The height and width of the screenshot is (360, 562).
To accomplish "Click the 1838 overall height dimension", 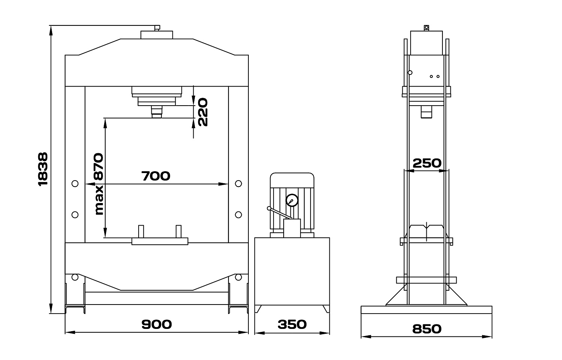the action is pyautogui.click(x=43, y=169).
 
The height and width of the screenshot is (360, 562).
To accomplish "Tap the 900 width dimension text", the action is pyautogui.click(x=157, y=324).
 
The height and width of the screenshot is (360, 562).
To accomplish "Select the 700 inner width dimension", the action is pyautogui.click(x=156, y=176).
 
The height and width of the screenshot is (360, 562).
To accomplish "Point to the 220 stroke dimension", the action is pyautogui.click(x=203, y=112).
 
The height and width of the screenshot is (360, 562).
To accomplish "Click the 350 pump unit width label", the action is pyautogui.click(x=292, y=324).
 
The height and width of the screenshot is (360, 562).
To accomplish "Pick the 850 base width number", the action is pyautogui.click(x=427, y=329).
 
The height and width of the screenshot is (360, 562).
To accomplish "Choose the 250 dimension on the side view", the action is pyautogui.click(x=427, y=163).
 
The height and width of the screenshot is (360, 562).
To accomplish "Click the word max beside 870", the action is pyautogui.click(x=99, y=200).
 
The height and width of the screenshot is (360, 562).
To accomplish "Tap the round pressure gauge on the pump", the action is pyautogui.click(x=292, y=200).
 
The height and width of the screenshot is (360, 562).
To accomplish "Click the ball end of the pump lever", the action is pyautogui.click(x=269, y=208).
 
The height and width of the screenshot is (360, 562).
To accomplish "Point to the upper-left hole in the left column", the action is pyautogui.click(x=75, y=184).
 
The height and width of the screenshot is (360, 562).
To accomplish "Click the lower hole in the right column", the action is pyautogui.click(x=238, y=215).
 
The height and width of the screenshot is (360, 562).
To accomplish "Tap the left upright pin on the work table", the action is pyautogui.click(x=141, y=232).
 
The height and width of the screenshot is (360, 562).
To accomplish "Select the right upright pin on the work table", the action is pyautogui.click(x=179, y=232).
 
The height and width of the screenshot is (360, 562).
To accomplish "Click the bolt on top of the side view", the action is pyautogui.click(x=426, y=28).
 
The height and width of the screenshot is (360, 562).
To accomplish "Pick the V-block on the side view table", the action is pyautogui.click(x=426, y=231).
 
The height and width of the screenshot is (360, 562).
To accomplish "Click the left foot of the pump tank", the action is pyautogui.click(x=258, y=309).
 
